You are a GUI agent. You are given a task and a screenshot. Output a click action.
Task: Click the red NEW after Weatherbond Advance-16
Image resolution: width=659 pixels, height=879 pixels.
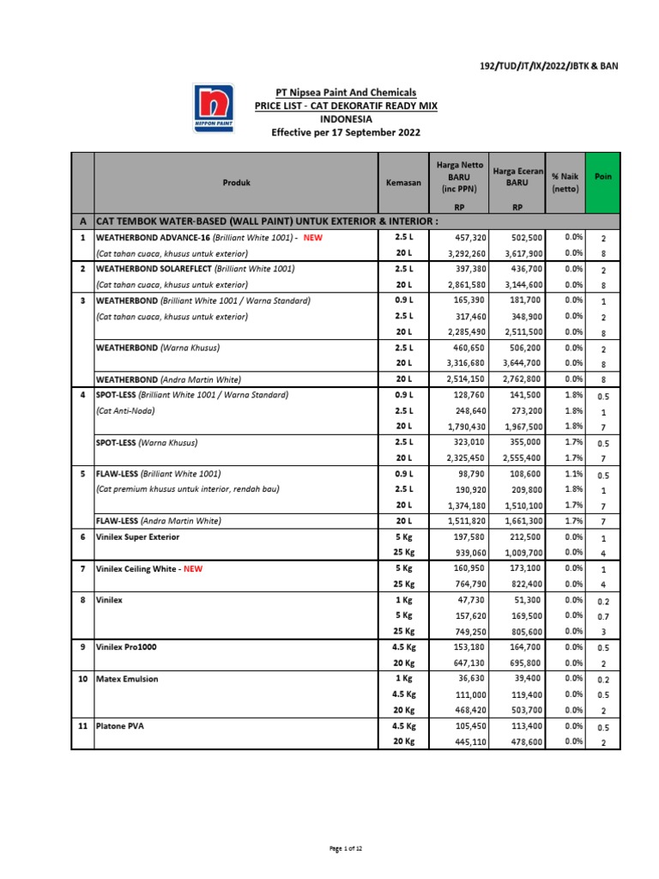(312, 237)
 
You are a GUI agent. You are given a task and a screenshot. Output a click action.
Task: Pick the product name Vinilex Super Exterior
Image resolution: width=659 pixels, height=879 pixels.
(138, 536)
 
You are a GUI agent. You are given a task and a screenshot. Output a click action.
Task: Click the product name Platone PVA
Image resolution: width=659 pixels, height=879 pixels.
(120, 726)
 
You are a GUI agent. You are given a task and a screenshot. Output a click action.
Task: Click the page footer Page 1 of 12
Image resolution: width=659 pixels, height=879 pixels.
(347, 848)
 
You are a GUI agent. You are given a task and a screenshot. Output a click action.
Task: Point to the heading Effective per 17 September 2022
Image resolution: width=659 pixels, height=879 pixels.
(346, 133)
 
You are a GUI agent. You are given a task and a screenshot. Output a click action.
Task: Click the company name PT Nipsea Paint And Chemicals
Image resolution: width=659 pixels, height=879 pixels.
(346, 92)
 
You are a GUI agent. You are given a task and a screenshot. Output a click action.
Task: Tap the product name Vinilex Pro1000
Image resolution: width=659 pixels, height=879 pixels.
(130, 647)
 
